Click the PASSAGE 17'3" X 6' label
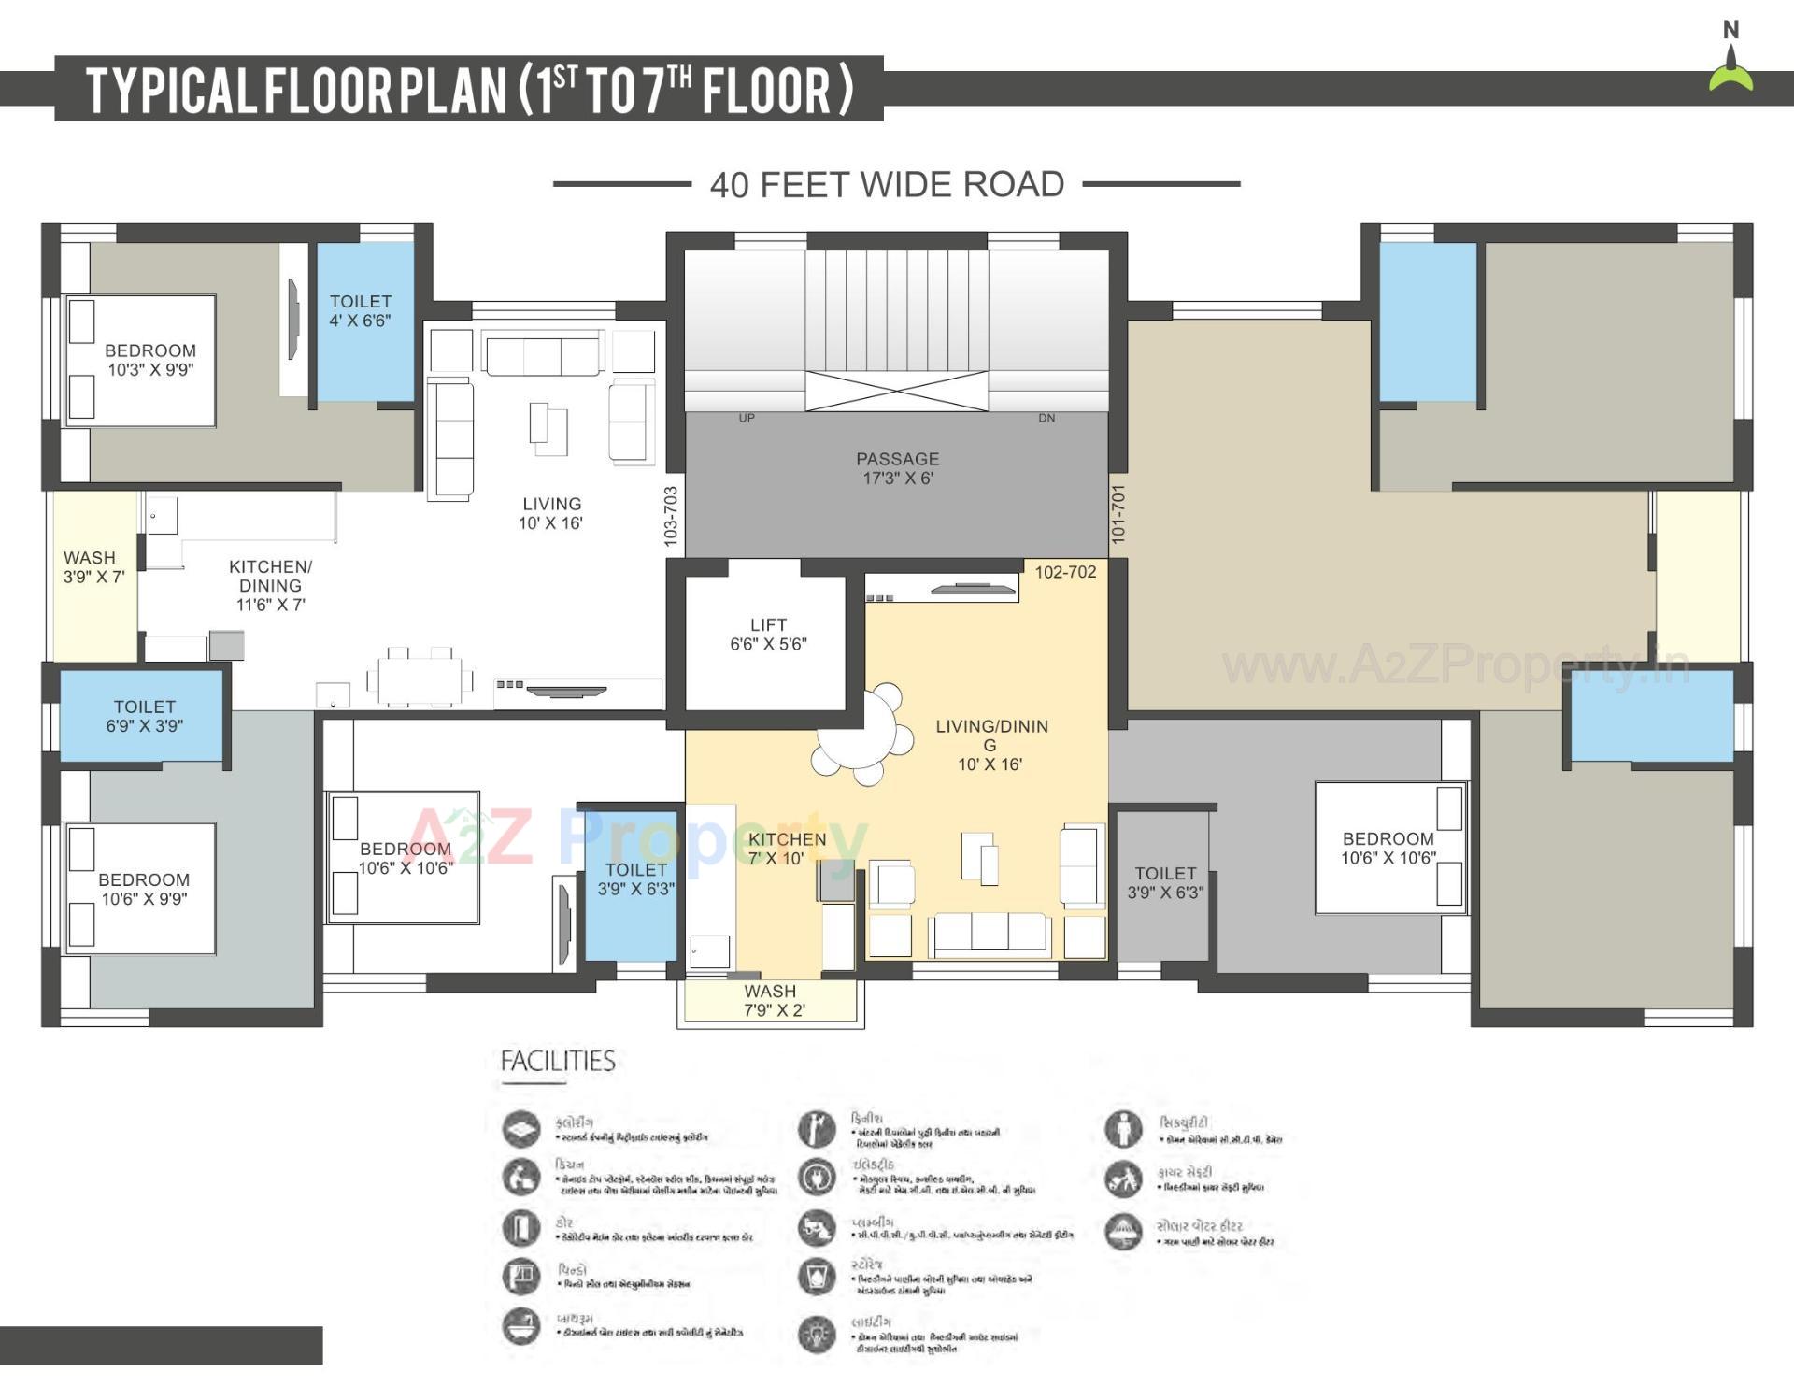(x=897, y=468)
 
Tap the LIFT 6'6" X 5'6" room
(x=768, y=635)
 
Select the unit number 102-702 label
(x=1065, y=572)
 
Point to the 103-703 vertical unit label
(x=670, y=516)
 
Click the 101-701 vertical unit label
(x=1118, y=514)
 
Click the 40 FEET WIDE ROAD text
(x=887, y=185)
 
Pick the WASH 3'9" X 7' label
(x=93, y=567)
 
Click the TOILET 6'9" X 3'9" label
(x=144, y=717)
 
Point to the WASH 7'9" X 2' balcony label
(x=773, y=1001)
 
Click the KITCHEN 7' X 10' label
(x=787, y=849)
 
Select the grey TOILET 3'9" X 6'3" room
(x=1164, y=883)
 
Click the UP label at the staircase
(x=747, y=418)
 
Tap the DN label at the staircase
(x=1046, y=418)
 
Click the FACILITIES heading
(x=558, y=1062)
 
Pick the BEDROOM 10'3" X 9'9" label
(x=150, y=360)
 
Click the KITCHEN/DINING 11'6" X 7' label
(x=270, y=586)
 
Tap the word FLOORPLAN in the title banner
(x=386, y=91)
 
